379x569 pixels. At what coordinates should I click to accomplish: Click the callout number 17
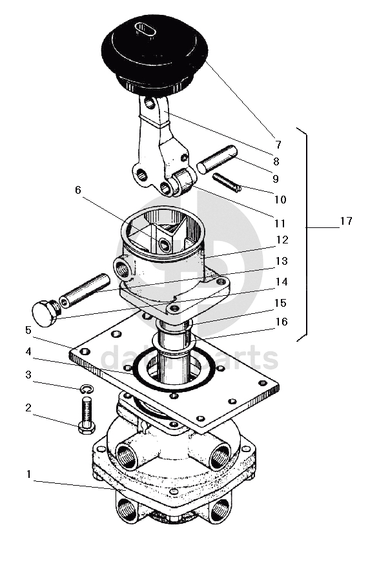pos(346,221)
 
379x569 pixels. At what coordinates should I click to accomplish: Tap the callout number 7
pos(278,145)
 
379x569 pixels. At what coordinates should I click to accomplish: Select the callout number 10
pos(280,199)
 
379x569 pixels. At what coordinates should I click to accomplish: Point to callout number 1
pos(28,474)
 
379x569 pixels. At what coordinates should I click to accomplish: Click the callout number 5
pos(28,330)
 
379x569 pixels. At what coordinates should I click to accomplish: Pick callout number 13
pos(282,261)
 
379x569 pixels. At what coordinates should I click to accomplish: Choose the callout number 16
pos(282,322)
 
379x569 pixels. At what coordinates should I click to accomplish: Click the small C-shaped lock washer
pos(87,389)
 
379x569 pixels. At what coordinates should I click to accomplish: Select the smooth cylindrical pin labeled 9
pos(217,160)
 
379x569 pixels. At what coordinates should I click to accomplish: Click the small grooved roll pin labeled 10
pos(227,183)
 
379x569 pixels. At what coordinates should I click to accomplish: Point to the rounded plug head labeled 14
pos(45,313)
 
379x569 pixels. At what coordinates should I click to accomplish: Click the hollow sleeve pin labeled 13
pos(85,291)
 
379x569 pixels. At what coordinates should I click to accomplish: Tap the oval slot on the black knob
pos(145,29)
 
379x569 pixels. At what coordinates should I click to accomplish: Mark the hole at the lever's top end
pos(149,104)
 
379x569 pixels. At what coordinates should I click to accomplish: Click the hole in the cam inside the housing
pos(165,246)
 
